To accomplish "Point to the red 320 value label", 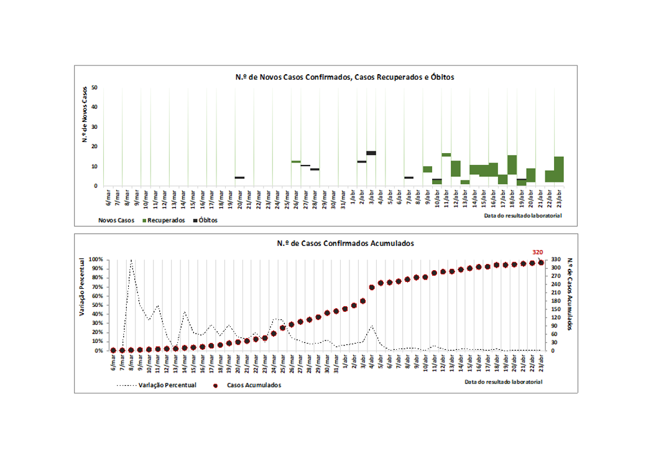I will pyautogui.click(x=538, y=252).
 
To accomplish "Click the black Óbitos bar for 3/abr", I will pyautogui.click(x=371, y=153).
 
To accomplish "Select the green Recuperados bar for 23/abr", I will pyautogui.click(x=559, y=169).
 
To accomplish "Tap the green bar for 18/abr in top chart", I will pyautogui.click(x=512, y=164).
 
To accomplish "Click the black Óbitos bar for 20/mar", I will pyautogui.click(x=239, y=177).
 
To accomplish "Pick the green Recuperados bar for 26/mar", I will pyautogui.click(x=296, y=161).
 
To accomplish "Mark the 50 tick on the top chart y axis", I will pyautogui.click(x=95, y=88).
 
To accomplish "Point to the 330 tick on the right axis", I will pyautogui.click(x=555, y=260).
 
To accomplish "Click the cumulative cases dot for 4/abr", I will pyautogui.click(x=372, y=287).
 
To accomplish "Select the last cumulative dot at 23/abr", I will pyautogui.click(x=541, y=263).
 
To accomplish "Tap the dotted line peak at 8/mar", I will pyautogui.click(x=131, y=261).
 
